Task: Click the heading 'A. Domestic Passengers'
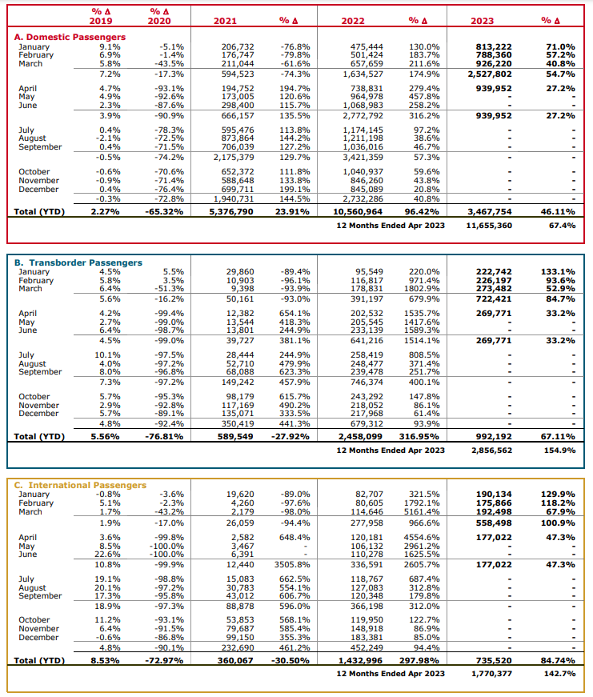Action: (70, 37)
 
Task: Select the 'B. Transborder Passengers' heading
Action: (78, 262)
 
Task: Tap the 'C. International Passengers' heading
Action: (80, 485)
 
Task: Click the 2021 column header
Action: (225, 21)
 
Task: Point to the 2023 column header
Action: (483, 21)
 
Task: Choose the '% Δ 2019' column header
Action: (101, 16)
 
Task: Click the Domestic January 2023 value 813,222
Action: (494, 46)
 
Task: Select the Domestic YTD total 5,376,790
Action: (231, 211)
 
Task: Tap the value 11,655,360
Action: (489, 226)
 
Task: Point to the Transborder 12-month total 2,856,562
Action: (491, 451)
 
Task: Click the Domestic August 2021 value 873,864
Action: (238, 138)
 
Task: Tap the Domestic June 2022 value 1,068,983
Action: (363, 106)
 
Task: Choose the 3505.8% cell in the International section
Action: (292, 564)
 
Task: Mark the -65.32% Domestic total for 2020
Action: (164, 211)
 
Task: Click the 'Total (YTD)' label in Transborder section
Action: (39, 436)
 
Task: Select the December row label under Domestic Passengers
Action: (38, 190)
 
